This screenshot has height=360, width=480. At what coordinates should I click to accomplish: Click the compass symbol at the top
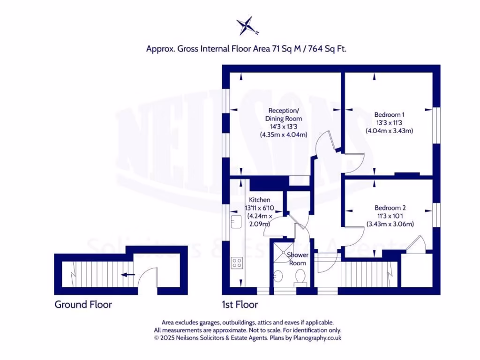[x=247, y=26]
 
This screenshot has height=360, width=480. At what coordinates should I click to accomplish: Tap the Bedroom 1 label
[x=389, y=114]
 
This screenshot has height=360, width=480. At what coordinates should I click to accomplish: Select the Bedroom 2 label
[x=390, y=208]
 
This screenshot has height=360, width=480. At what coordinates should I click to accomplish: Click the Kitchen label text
[x=259, y=200]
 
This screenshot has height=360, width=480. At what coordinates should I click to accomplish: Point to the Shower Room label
[x=298, y=259]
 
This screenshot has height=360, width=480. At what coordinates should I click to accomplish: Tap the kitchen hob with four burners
[x=237, y=263]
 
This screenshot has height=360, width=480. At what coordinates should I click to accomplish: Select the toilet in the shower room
[x=300, y=278]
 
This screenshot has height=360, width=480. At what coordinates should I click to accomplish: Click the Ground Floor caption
[x=83, y=305]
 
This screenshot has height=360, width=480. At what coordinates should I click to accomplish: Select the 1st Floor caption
[x=240, y=305]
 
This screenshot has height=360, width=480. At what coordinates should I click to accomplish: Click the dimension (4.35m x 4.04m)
[x=284, y=135]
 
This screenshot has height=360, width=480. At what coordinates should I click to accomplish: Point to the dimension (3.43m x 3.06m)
[x=390, y=224]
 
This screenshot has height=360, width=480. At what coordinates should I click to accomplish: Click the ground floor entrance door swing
[x=149, y=278]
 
